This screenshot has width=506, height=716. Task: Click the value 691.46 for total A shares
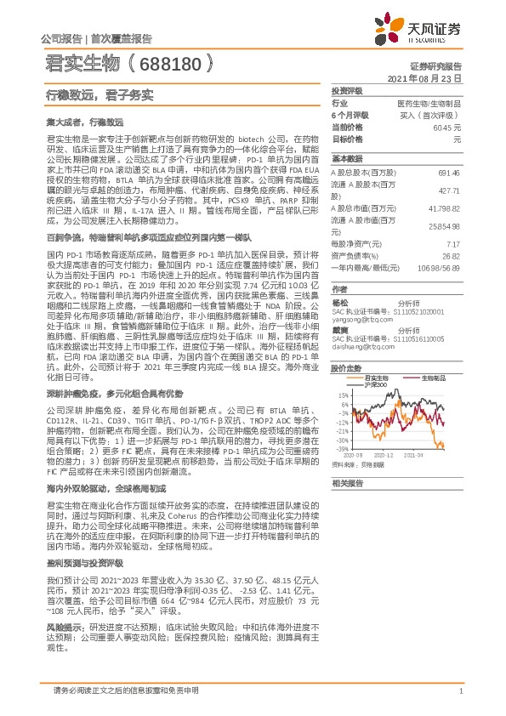(x=448, y=172)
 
